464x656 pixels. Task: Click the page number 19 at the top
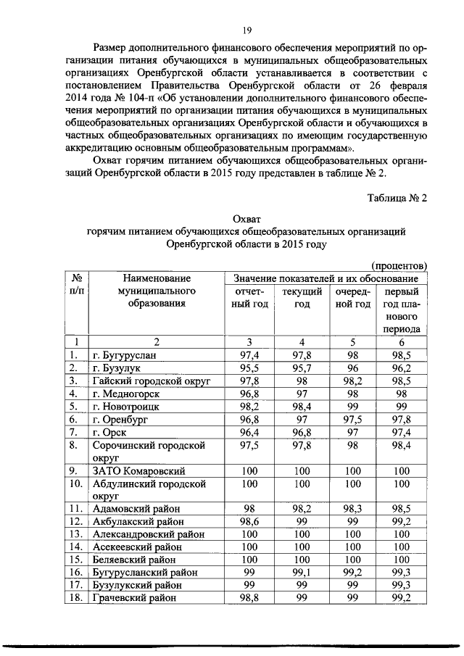pyautogui.click(x=246, y=30)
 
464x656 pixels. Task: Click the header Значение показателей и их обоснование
pyautogui.click(x=326, y=278)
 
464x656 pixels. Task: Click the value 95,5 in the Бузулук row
pyautogui.click(x=249, y=368)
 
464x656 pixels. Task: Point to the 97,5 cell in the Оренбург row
pyautogui.click(x=353, y=420)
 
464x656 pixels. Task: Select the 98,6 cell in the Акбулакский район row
pyautogui.click(x=249, y=521)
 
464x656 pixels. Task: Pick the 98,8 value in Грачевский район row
pyautogui.click(x=249, y=598)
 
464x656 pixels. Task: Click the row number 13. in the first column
pyautogui.click(x=75, y=534)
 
